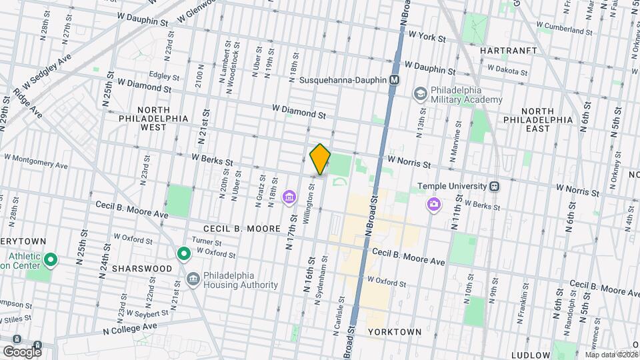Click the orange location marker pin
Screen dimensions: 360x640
[320, 159]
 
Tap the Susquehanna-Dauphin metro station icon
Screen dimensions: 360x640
[395, 80]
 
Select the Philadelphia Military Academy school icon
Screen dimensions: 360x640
[420, 93]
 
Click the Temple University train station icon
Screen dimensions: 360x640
[495, 186]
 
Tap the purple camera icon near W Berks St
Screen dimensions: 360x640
[434, 203]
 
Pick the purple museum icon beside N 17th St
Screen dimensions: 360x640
[289, 197]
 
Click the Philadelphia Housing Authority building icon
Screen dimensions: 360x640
[193, 278]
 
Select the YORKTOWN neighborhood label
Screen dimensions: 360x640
[394, 331]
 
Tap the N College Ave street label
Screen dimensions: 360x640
[130, 328]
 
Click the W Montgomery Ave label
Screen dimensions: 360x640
[36, 161]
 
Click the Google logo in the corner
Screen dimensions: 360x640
[22, 351]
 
